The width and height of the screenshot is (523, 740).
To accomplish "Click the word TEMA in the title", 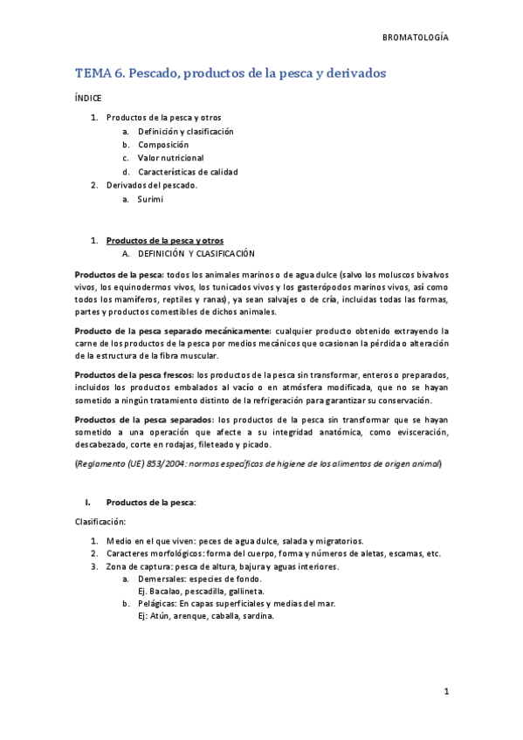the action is [93, 74].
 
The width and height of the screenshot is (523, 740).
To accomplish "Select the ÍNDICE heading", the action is [88, 99].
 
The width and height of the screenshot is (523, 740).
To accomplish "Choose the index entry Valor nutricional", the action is [171, 159].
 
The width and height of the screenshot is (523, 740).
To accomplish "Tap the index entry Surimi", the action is [150, 199].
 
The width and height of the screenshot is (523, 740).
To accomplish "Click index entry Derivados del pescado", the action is [152, 185].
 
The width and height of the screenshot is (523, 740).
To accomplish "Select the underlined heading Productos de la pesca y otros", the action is [164, 240].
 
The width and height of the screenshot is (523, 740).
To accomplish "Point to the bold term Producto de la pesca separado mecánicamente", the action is [172, 332].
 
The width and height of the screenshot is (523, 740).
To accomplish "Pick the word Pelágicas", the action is [157, 603].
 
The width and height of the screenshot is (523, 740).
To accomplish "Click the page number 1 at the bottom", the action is [445, 693].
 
